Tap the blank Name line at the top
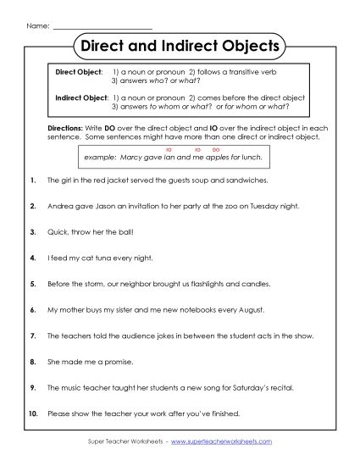point(102,15)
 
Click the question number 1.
point(32,181)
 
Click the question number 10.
point(32,413)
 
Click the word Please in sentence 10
point(59,413)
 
